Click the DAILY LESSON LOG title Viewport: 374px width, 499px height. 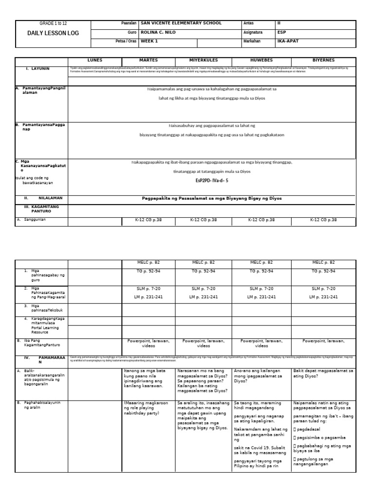(x=54, y=33)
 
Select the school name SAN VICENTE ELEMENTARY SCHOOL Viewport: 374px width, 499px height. (x=181, y=23)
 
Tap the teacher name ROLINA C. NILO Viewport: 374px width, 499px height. (x=158, y=32)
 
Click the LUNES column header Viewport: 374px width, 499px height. (x=94, y=60)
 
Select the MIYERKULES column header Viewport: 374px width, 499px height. (x=204, y=60)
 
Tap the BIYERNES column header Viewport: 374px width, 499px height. (x=324, y=60)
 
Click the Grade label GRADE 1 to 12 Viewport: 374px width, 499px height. (x=54, y=23)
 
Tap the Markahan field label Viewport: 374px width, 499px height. (x=252, y=41)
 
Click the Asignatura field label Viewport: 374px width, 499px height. (x=253, y=32)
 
